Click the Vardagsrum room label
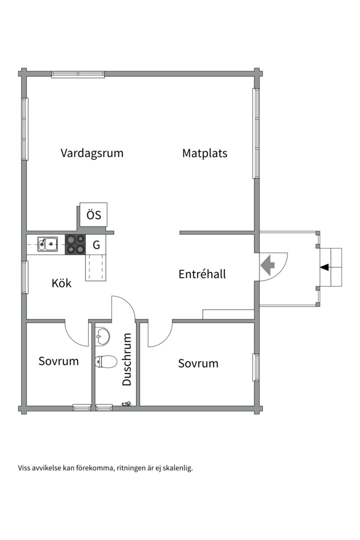pyautogui.click(x=92, y=153)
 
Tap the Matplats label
pyautogui.click(x=204, y=153)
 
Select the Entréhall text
pyautogui.click(x=202, y=274)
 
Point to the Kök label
pyautogui.click(x=61, y=283)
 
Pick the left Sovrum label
pyautogui.click(x=58, y=361)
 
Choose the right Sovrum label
pyautogui.click(x=198, y=363)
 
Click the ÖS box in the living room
pyautogui.click(x=93, y=215)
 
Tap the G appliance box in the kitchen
pyautogui.click(x=96, y=245)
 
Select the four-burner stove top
pyautogui.click(x=75, y=244)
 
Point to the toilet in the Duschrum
pyautogui.click(x=105, y=361)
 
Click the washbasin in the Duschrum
pyautogui.click(x=102, y=336)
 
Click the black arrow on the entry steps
pyautogui.click(x=325, y=267)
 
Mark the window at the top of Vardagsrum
pyautogui.click(x=78, y=74)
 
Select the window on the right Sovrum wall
pyautogui.click(x=255, y=367)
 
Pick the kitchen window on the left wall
pyautogui.click(x=24, y=276)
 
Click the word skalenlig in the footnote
pyautogui.click(x=178, y=468)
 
